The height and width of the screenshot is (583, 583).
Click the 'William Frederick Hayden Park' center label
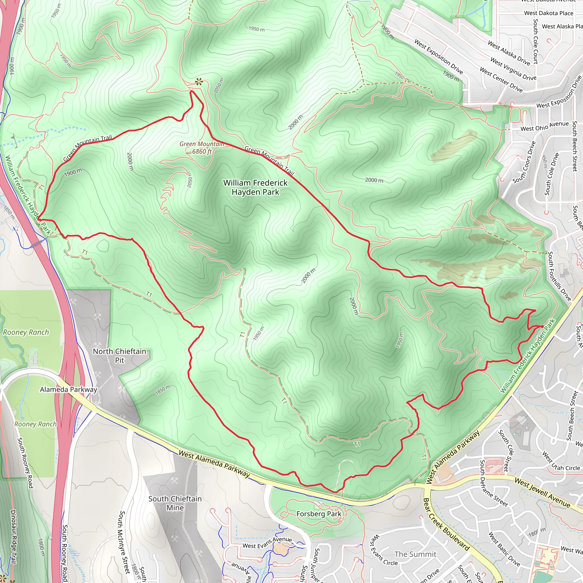pos(255,187)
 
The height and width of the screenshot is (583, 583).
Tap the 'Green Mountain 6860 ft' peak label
pos(202,147)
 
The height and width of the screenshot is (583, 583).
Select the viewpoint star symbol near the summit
pos(198,81)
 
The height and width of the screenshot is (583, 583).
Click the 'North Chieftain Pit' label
pos(120,356)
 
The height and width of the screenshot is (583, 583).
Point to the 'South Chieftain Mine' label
pos(175,503)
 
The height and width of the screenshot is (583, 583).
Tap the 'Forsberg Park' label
pos(319,514)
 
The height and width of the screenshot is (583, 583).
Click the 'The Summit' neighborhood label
pos(415,554)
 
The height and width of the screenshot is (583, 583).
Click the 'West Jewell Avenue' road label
pos(542,492)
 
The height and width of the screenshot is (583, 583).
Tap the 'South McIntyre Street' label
pos(125,542)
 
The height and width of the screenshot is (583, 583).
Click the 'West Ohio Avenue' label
pos(544,126)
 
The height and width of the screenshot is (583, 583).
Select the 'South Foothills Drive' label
pos(559,276)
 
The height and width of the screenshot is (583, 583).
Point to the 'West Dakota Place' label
pos(548,13)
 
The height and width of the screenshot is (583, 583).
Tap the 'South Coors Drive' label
pos(524,162)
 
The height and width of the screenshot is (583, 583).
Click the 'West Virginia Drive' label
pos(513,69)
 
